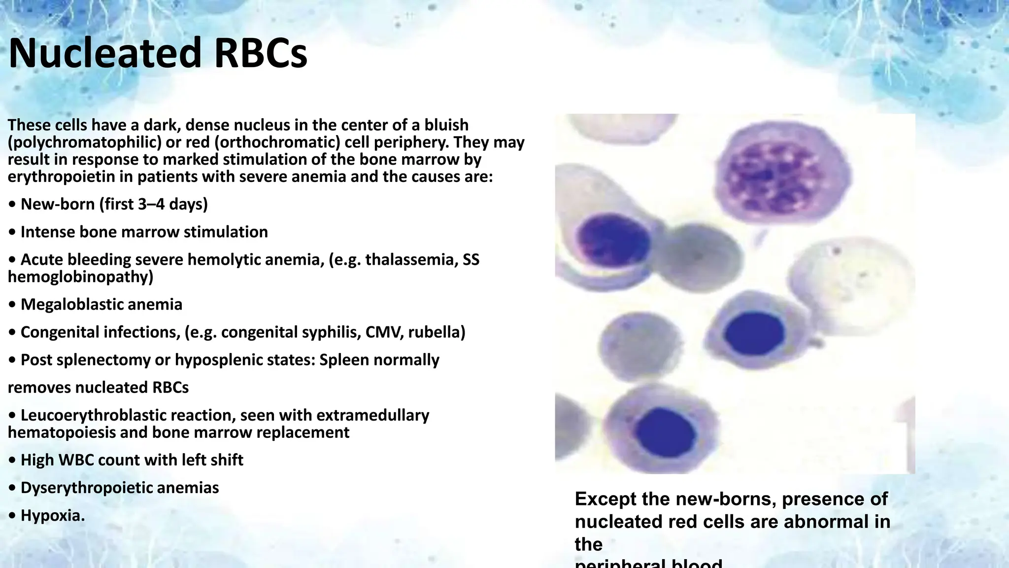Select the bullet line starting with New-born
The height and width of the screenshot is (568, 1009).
coord(113,204)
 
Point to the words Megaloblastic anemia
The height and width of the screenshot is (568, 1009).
coord(101,304)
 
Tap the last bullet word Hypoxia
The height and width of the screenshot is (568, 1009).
coord(52,515)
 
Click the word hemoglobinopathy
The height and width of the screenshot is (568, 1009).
coord(80,277)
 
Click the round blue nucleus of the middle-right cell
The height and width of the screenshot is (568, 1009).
coord(754,333)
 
